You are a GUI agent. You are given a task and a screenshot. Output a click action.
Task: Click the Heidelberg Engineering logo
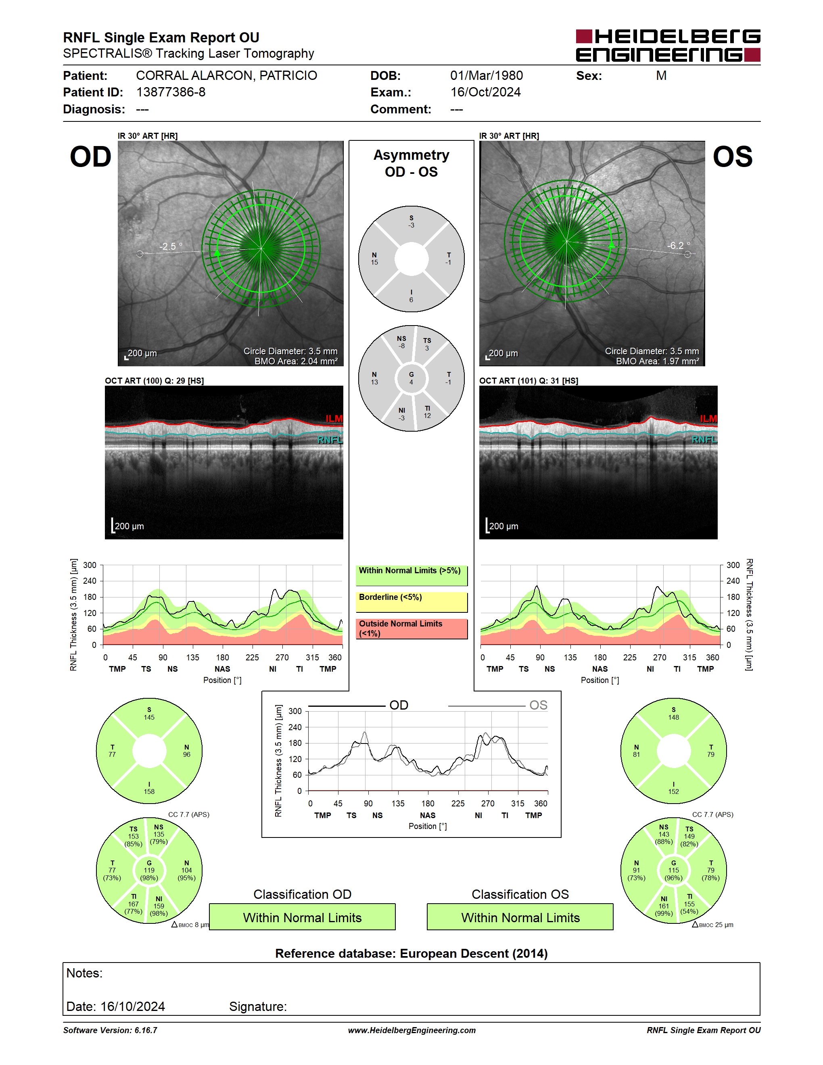(668, 45)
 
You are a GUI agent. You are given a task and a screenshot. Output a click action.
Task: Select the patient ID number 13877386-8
(171, 92)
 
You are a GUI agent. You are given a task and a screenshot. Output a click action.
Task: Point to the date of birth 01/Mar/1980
(486, 75)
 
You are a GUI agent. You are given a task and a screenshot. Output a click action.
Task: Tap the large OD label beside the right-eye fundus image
(91, 157)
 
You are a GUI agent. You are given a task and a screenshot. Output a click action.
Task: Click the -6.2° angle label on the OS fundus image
(678, 245)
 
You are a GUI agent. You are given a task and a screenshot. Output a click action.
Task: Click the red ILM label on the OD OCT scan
(334, 418)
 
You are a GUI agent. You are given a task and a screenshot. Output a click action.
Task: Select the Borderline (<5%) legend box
(411, 602)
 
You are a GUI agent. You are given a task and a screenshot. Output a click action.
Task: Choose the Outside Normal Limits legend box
(411, 629)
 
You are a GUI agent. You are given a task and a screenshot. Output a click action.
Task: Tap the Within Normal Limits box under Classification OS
(520, 917)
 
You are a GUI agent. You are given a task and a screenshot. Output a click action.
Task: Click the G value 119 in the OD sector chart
(149, 870)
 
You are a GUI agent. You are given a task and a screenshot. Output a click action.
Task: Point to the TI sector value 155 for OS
(689, 904)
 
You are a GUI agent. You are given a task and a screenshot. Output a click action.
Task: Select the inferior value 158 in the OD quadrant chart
(149, 791)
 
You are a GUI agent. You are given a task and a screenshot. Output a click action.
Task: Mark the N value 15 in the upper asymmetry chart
(374, 262)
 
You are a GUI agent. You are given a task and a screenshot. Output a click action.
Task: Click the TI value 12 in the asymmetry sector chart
(427, 416)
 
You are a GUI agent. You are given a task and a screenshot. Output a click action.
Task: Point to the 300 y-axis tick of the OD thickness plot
(90, 565)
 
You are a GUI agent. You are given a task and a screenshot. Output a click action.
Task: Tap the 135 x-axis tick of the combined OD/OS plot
(398, 804)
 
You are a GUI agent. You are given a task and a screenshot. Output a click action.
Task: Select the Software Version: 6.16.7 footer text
(110, 1030)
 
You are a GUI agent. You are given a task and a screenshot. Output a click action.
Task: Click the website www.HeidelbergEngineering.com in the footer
(411, 1030)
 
